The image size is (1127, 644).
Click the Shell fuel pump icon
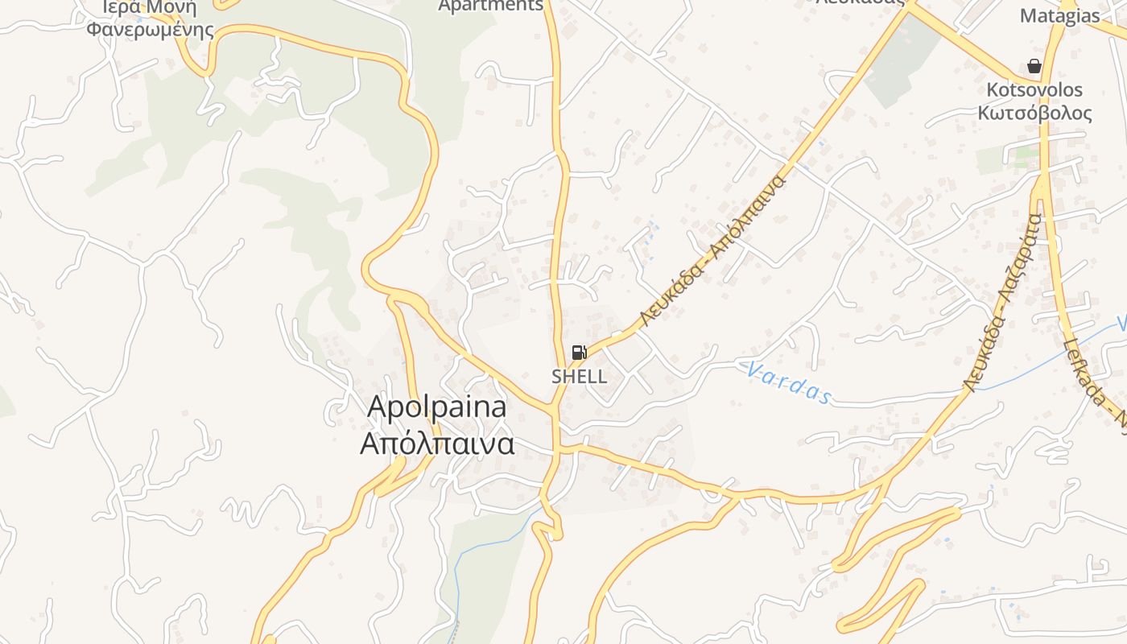(x=579, y=352)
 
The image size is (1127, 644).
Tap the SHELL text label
(x=579, y=376)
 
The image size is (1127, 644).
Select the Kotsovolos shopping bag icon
(x=1034, y=66)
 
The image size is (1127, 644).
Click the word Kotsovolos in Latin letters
(x=1035, y=89)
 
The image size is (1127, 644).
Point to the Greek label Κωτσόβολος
(x=1035, y=112)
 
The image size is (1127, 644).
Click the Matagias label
(x=1059, y=16)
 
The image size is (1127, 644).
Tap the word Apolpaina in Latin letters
(x=437, y=407)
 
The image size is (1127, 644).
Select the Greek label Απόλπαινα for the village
(x=437, y=444)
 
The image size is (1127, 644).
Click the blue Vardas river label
(x=788, y=382)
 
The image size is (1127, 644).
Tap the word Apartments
(x=490, y=6)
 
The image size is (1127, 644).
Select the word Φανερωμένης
(x=151, y=31)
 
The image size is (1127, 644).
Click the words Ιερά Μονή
(x=151, y=7)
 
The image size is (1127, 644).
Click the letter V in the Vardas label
(x=753, y=370)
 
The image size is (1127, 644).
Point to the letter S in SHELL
(x=557, y=376)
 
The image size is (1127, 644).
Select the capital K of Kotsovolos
(x=994, y=89)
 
